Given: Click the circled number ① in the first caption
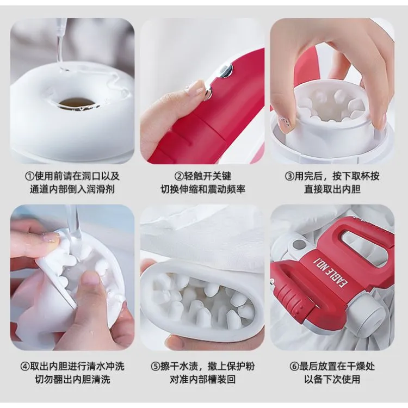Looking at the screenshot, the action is [29, 176].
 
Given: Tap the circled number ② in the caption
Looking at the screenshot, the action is [179, 176].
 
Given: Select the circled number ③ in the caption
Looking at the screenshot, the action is [289, 176].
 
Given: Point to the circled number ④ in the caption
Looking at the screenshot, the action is [25, 367].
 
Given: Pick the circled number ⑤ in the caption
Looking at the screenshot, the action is [156, 367].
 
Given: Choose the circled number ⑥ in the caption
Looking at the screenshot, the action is [294, 367].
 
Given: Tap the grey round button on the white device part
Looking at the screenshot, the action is [297, 245].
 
